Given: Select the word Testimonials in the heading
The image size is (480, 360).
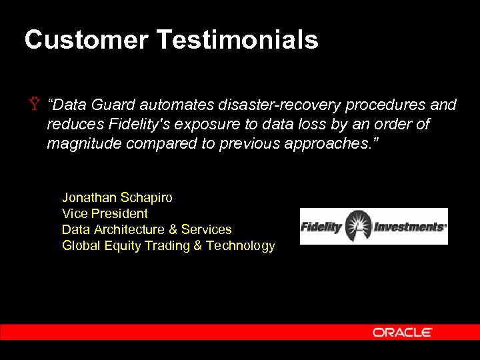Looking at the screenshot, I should coord(238,40).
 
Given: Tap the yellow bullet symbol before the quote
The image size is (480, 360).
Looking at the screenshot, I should coord(33,105).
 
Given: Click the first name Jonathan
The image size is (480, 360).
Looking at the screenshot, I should coord(89,197).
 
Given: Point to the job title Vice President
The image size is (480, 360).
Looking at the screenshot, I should coord(105,213).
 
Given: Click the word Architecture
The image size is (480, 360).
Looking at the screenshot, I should coord(129,229).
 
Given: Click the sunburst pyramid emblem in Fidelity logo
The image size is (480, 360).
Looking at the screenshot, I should coord(358,226).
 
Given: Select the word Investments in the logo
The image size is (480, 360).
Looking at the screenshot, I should coord(409,227).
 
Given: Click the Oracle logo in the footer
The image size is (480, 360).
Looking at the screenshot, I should coord(402,332).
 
